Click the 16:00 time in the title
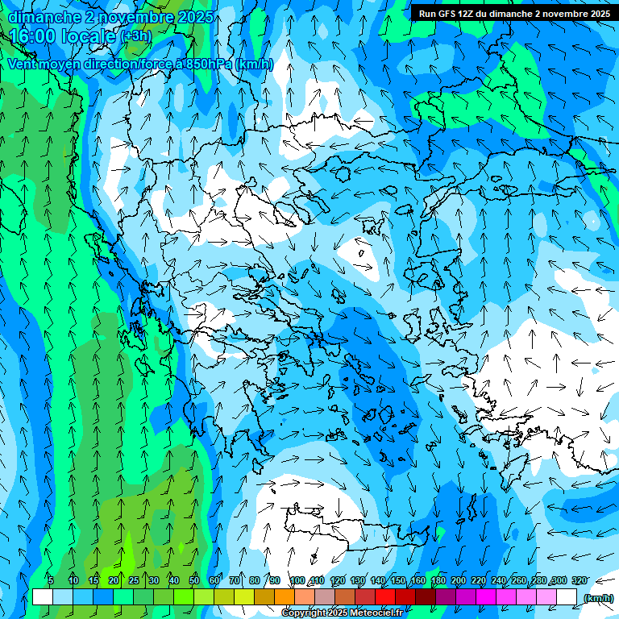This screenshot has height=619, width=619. coord(33,36)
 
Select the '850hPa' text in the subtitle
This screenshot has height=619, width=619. coord(209,64)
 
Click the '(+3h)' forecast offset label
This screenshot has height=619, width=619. coord(135,36)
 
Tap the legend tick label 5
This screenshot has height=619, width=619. coord(51,580)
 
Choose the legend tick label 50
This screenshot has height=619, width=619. coord(194,580)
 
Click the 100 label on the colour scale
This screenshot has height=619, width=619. coord(297,580)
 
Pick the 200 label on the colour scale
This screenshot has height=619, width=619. coord(459,580)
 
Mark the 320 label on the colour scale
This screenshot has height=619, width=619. coord(579,580)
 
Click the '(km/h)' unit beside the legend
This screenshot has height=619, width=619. coord(597,598)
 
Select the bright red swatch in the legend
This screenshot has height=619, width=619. coord(385,597)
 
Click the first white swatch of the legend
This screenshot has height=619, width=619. coord(43,597)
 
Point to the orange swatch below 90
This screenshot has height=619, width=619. coord(285,597)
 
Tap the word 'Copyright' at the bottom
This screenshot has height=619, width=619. coord(304,613)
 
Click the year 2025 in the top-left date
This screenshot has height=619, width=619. coord(196,17)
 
